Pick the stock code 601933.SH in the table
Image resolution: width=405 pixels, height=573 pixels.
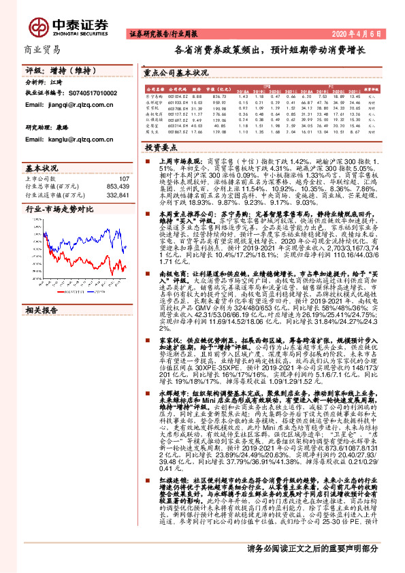point(178,102)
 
